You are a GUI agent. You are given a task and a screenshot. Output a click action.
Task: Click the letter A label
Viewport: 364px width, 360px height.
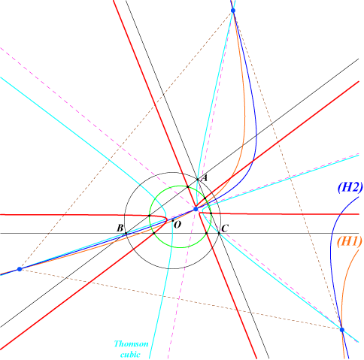coord(205,178)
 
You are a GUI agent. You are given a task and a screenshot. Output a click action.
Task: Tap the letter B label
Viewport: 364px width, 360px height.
coord(120,228)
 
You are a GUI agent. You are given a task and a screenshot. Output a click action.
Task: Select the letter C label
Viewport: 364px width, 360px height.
coord(225,228)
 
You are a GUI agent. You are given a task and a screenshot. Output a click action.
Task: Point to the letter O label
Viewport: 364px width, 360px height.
coord(177,225)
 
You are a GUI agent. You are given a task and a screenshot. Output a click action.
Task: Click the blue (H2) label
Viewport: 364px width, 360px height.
coord(350,187)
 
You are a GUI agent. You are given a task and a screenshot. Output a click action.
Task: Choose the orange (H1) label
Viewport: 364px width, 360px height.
coord(350,241)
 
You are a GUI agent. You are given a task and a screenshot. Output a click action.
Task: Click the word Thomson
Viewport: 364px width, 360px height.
coord(131,343)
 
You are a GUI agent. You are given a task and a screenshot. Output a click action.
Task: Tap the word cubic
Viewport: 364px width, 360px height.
coord(130,355)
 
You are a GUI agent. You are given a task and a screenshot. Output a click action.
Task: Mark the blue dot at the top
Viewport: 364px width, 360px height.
coord(233,11)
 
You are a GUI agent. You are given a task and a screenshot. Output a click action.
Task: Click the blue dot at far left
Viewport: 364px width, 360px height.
coord(20,269)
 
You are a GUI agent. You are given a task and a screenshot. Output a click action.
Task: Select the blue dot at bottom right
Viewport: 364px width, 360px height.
coord(342,330)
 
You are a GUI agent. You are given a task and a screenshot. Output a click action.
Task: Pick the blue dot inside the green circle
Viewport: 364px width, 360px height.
coord(196,209)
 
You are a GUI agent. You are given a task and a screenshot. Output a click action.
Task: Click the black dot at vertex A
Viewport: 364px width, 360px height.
coord(198,180)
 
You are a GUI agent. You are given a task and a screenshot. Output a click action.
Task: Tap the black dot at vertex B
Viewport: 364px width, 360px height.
coord(126,233)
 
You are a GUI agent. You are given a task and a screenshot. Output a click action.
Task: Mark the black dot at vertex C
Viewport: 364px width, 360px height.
coord(219,233)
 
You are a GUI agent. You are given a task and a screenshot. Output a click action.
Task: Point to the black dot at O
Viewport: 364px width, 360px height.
coord(173,220)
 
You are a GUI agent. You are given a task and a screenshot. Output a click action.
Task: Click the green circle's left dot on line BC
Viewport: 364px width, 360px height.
coord(154,233)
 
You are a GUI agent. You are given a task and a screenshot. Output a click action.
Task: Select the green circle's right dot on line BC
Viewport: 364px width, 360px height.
coord(206,233)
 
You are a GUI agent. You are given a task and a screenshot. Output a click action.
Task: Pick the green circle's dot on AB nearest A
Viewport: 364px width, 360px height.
coord(188,186)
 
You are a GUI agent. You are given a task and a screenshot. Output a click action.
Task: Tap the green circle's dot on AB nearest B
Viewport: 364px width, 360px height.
coord(150,216)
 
